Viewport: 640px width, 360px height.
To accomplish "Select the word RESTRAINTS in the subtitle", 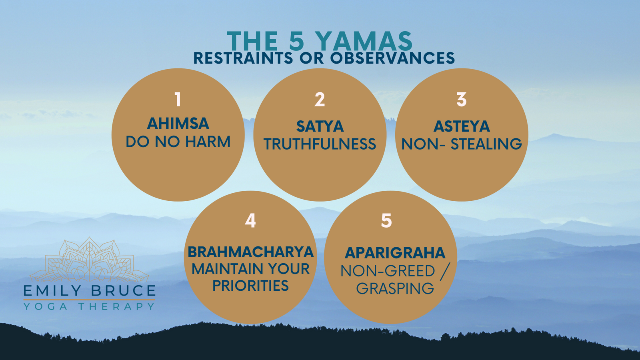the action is (x=244, y=58).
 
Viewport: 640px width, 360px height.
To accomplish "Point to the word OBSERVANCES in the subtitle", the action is (x=392, y=58).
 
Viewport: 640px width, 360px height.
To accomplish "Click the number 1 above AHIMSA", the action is (x=178, y=100).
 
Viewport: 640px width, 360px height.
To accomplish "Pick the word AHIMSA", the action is (x=178, y=124).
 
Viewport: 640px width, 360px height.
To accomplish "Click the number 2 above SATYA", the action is (x=320, y=100).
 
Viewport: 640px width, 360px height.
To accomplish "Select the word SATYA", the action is (x=320, y=126).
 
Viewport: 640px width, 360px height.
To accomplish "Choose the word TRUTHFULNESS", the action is (x=320, y=144).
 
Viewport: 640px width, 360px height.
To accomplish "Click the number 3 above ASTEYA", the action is (x=462, y=100).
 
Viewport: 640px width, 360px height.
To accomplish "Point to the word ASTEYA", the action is (x=462, y=126).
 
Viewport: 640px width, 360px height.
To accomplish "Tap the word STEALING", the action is (x=486, y=144).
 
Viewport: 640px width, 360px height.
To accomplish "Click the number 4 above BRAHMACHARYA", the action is (x=250, y=220).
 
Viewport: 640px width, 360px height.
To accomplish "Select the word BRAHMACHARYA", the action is (x=250, y=252).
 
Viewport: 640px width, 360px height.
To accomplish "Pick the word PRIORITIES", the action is (x=250, y=286).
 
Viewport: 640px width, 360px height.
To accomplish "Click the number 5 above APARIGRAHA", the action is (x=386, y=220).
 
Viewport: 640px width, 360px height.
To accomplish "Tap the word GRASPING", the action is (x=395, y=288).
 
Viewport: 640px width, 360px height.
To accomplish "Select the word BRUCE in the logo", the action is (x=124, y=291).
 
